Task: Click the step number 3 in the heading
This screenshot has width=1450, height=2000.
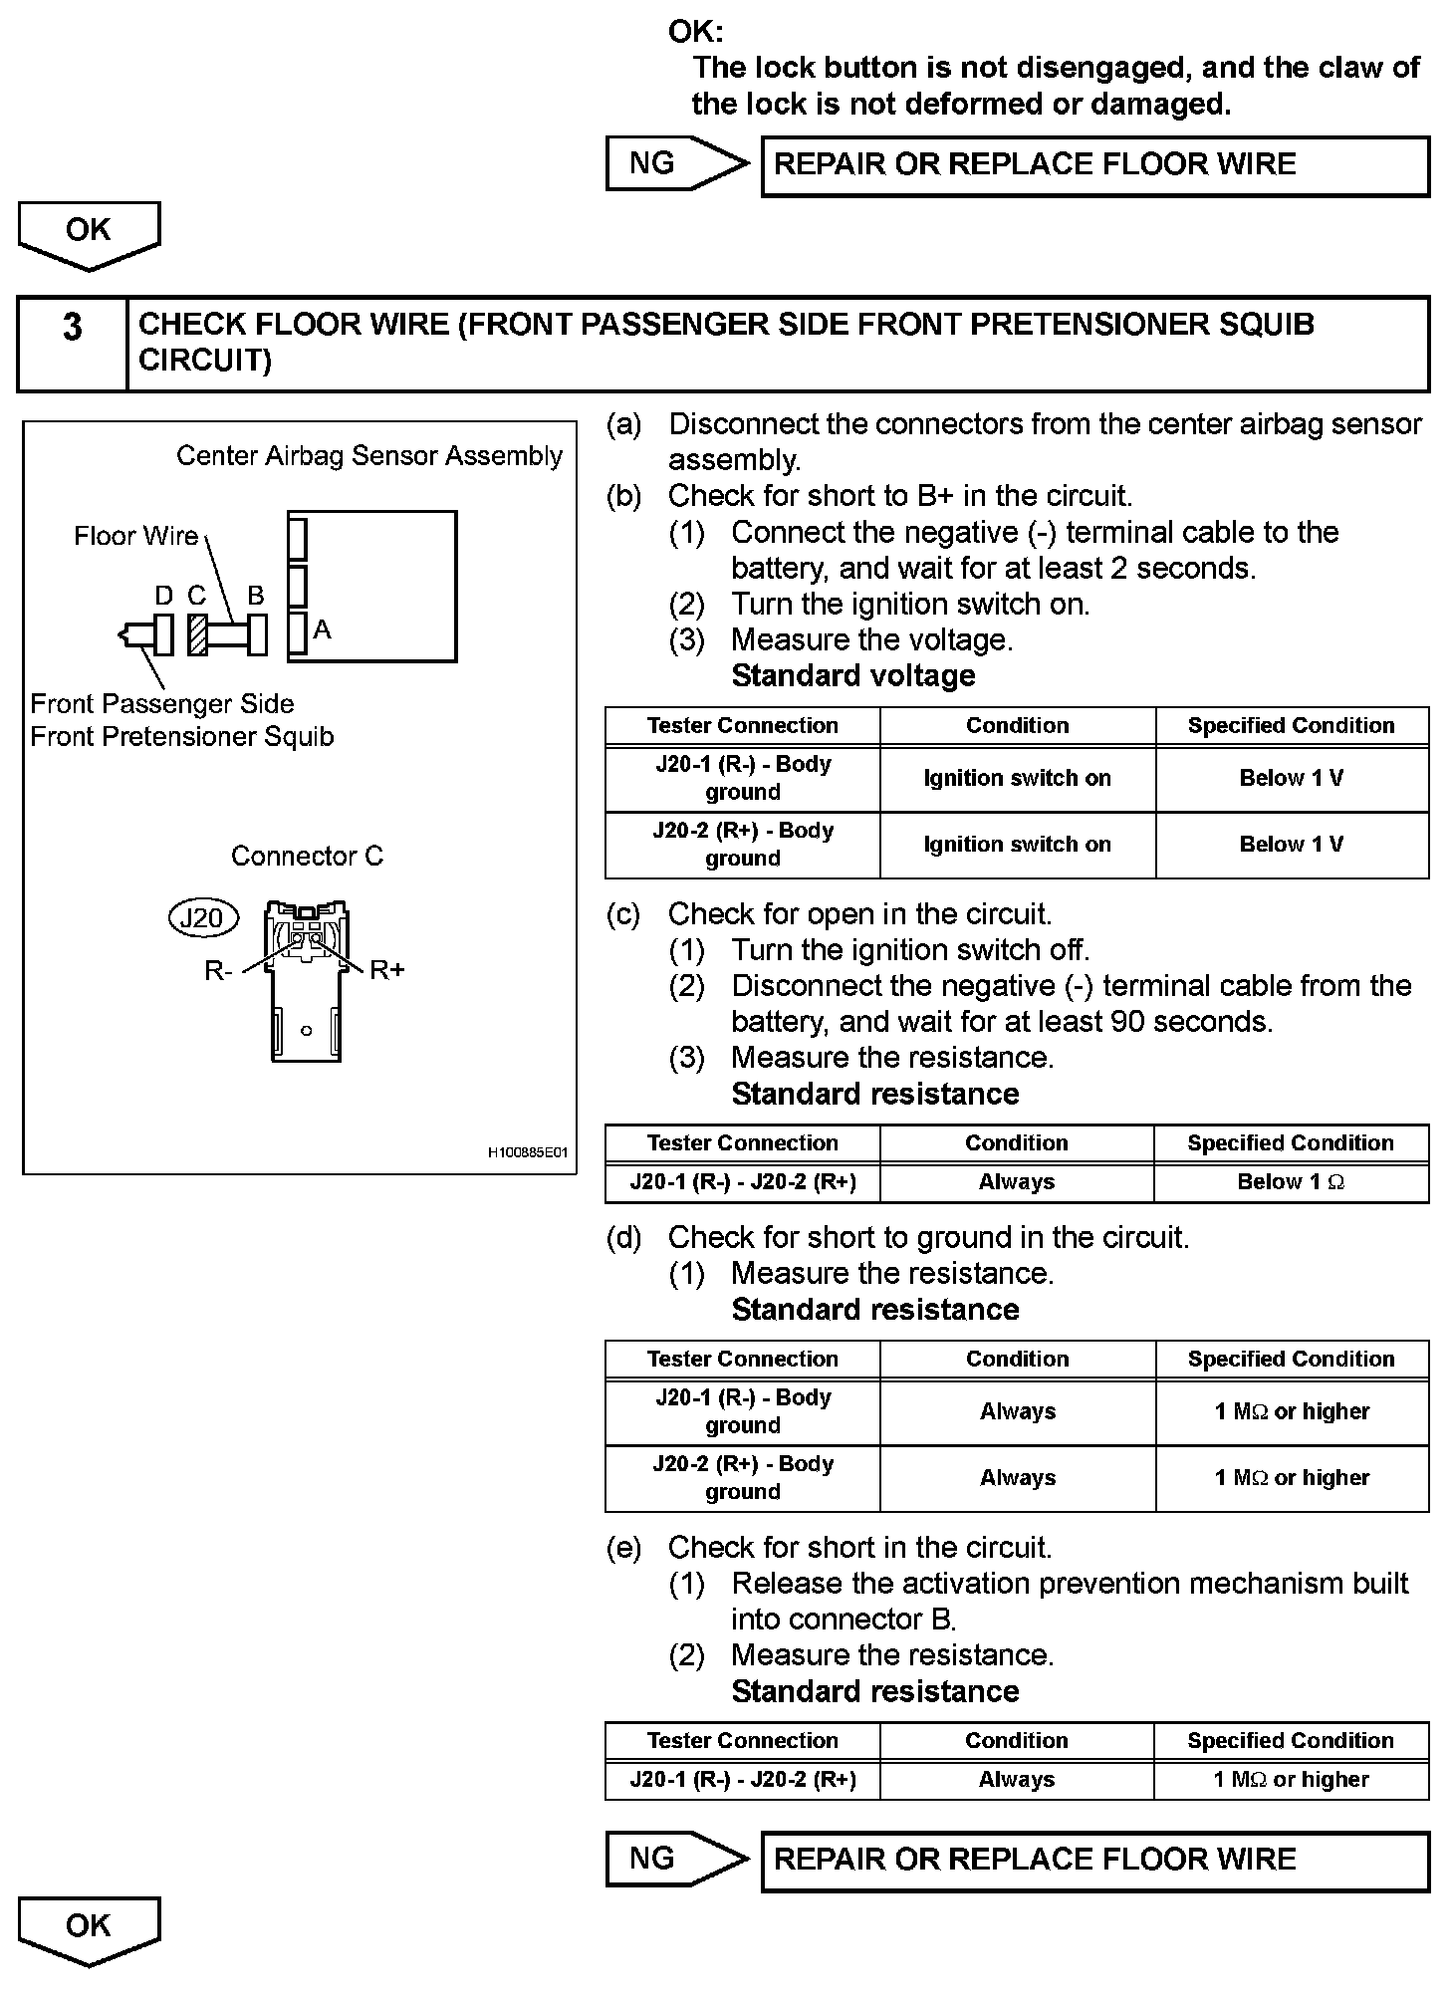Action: (x=73, y=328)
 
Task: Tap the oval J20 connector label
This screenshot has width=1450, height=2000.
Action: (x=202, y=917)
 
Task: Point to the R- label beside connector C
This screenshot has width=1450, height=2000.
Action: (x=218, y=971)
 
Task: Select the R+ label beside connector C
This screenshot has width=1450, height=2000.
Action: (x=386, y=970)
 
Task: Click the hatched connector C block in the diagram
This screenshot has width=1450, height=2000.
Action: (x=197, y=634)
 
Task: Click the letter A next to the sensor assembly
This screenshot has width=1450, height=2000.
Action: (x=322, y=629)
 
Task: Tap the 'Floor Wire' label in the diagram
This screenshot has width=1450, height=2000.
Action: (x=135, y=536)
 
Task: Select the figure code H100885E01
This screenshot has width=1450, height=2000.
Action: (x=527, y=1152)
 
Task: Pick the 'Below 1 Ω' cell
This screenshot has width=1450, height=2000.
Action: (x=1291, y=1182)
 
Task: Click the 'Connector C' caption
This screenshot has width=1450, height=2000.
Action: (x=307, y=857)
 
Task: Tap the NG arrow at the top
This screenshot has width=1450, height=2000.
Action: (x=675, y=163)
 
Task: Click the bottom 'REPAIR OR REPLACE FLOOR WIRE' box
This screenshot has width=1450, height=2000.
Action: (x=1094, y=1860)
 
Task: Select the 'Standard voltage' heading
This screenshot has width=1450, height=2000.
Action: (x=852, y=676)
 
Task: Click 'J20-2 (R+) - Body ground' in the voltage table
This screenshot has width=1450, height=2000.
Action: (x=743, y=845)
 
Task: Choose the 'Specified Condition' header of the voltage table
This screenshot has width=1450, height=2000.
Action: (x=1291, y=726)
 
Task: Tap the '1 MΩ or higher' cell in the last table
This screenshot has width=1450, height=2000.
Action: (x=1291, y=1780)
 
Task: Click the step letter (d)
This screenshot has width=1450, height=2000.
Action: (x=624, y=1238)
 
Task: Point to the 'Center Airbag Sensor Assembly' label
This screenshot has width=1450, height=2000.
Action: (x=369, y=456)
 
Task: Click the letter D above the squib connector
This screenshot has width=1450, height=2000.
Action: (x=164, y=596)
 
